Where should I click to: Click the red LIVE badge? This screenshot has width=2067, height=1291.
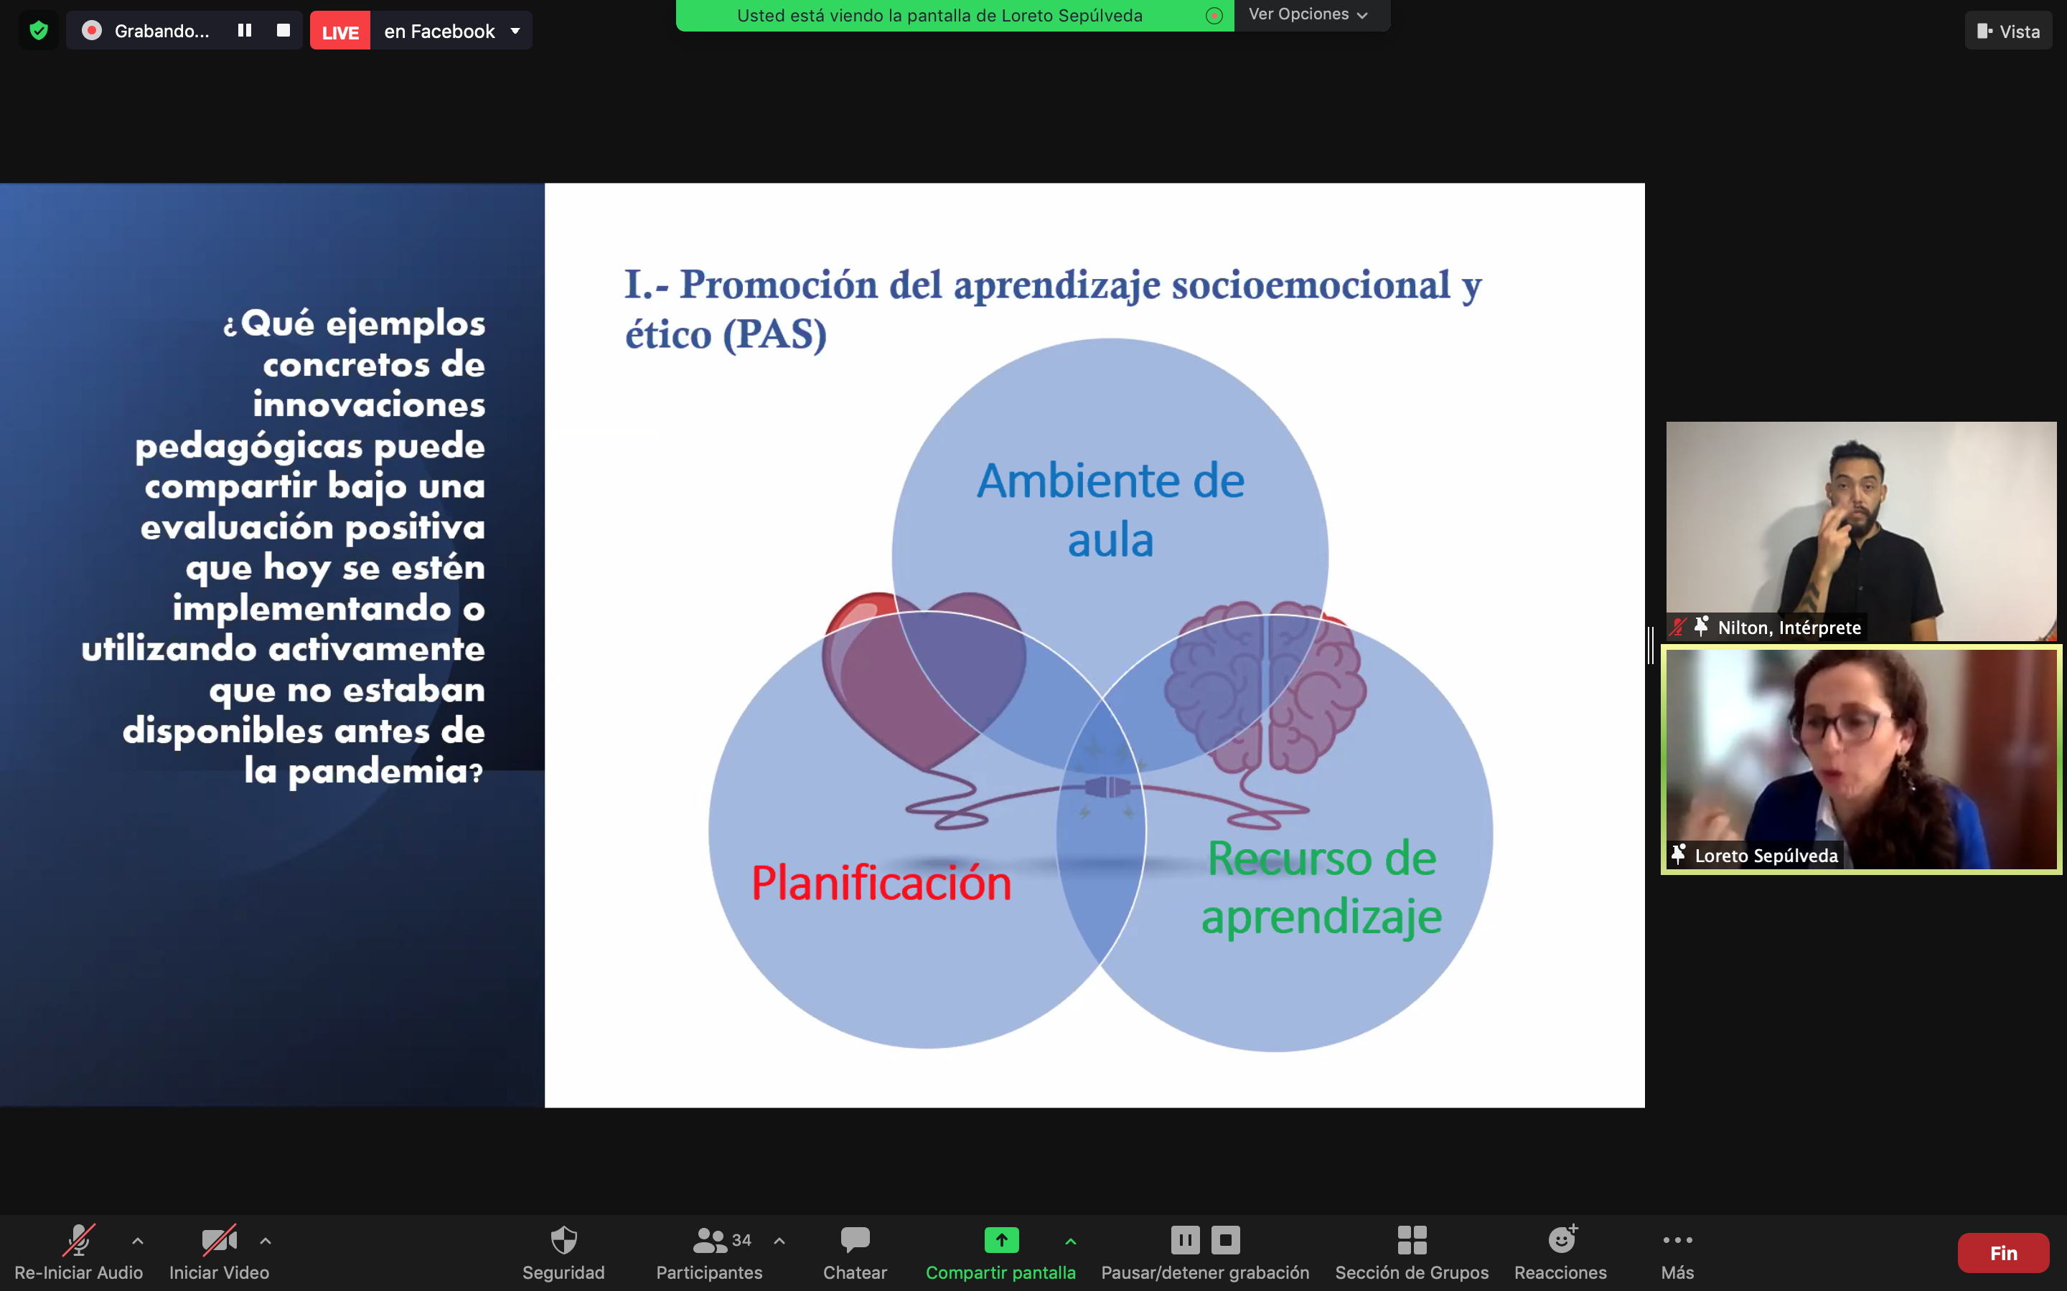pyautogui.click(x=340, y=32)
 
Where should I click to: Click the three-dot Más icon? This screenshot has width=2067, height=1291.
pyautogui.click(x=1677, y=1240)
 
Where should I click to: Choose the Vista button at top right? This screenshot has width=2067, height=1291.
pyautogui.click(x=2008, y=32)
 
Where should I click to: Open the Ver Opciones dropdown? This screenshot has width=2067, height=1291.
pyautogui.click(x=1308, y=14)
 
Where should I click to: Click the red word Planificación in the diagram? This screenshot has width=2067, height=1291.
pyautogui.click(x=881, y=883)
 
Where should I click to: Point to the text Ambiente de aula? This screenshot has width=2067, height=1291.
pyautogui.click(x=1110, y=511)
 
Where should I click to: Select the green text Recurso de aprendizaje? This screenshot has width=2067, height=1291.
pyautogui.click(x=1321, y=888)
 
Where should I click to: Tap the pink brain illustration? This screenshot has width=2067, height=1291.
pyautogui.click(x=1266, y=687)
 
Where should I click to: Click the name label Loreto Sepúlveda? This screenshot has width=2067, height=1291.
pyautogui.click(x=1766, y=856)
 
